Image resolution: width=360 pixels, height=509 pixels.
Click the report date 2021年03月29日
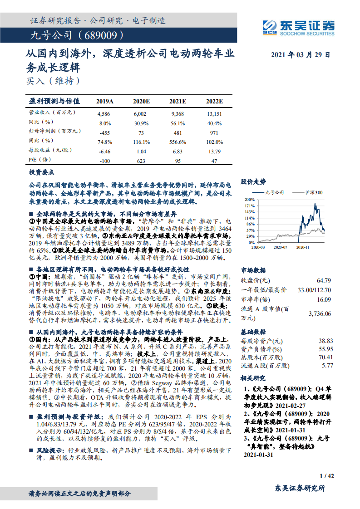click(x=301, y=54)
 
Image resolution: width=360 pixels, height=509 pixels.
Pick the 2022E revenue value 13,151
click(x=214, y=114)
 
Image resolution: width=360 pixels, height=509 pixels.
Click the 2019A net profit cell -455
click(x=104, y=133)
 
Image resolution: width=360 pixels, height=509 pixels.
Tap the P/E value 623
click(x=141, y=161)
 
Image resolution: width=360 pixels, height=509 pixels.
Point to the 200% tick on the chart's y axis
click(x=250, y=199)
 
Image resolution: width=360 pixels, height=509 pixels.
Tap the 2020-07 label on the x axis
click(x=280, y=247)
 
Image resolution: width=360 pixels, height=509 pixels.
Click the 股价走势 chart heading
click(x=253, y=181)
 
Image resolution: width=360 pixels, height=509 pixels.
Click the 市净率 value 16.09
click(x=324, y=299)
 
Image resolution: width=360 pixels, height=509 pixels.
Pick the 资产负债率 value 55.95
click(x=325, y=349)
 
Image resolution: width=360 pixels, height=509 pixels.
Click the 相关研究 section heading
click(x=253, y=377)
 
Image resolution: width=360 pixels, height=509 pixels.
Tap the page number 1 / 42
click(x=327, y=476)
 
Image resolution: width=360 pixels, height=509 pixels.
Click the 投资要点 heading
click(x=42, y=172)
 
